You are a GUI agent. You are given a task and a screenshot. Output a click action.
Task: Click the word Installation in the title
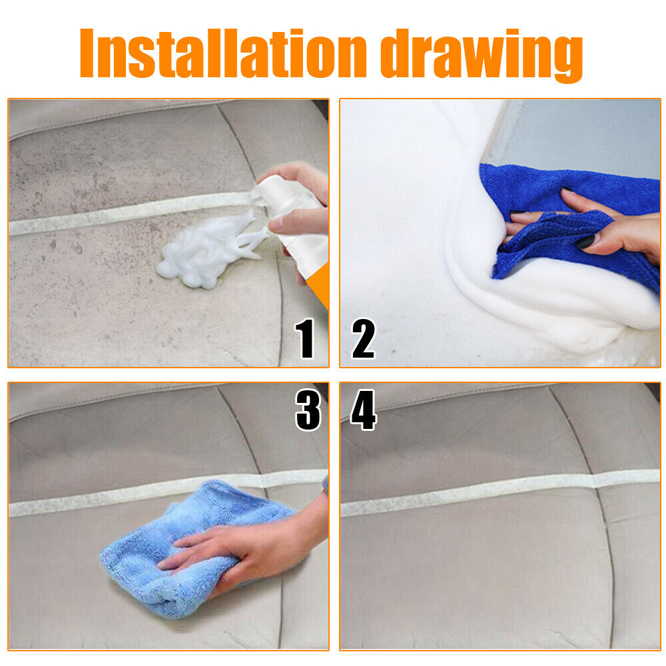coord(222,53)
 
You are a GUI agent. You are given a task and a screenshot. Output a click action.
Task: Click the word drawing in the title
coord(482,56)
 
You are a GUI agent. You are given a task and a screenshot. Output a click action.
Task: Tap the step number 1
coord(306,338)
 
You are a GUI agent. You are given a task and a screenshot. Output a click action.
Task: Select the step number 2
coord(364,338)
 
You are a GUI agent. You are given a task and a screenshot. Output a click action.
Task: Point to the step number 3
coord(308,410)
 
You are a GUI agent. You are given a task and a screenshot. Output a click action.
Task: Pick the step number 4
coord(364,410)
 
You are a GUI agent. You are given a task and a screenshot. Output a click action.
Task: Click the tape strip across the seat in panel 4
coord(500,493)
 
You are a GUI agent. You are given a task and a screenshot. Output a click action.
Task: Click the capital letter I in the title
coord(87,53)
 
